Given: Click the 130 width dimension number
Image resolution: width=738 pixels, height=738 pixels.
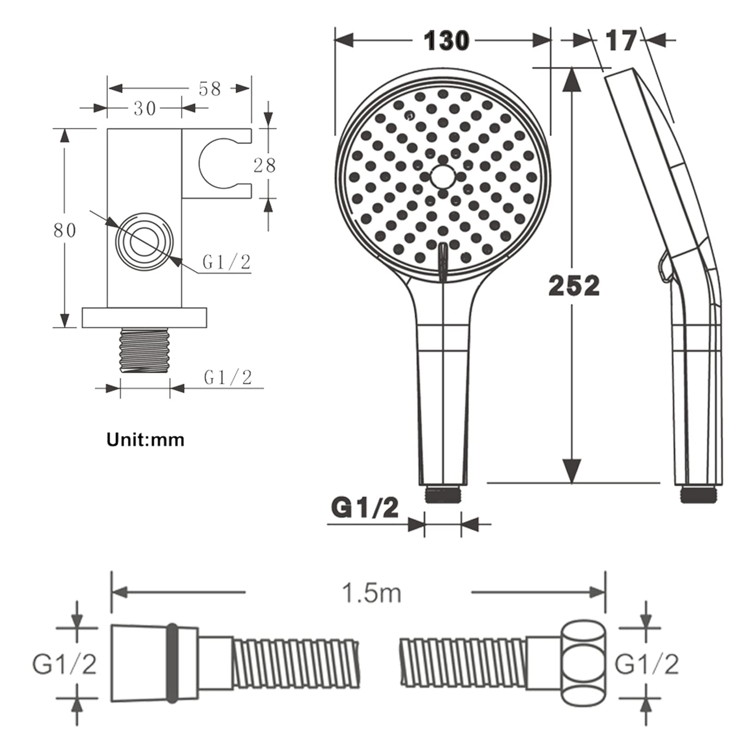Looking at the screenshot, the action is (446, 41).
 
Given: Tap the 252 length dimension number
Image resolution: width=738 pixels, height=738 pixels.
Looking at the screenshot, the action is (574, 286).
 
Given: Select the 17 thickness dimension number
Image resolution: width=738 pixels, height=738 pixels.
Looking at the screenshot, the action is (621, 41).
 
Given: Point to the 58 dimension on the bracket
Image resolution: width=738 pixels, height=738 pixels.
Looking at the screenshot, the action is (210, 89).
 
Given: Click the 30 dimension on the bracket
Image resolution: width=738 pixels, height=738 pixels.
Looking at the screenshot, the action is (145, 108).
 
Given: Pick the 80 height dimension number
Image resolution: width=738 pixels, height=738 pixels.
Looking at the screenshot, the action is (65, 230).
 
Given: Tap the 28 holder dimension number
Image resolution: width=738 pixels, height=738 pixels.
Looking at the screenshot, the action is (264, 165).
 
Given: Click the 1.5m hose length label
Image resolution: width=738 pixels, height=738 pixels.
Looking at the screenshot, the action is (372, 593).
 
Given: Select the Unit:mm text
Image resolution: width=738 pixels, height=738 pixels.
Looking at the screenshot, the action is (145, 440).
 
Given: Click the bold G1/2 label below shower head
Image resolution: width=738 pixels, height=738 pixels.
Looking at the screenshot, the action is (365, 508).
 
